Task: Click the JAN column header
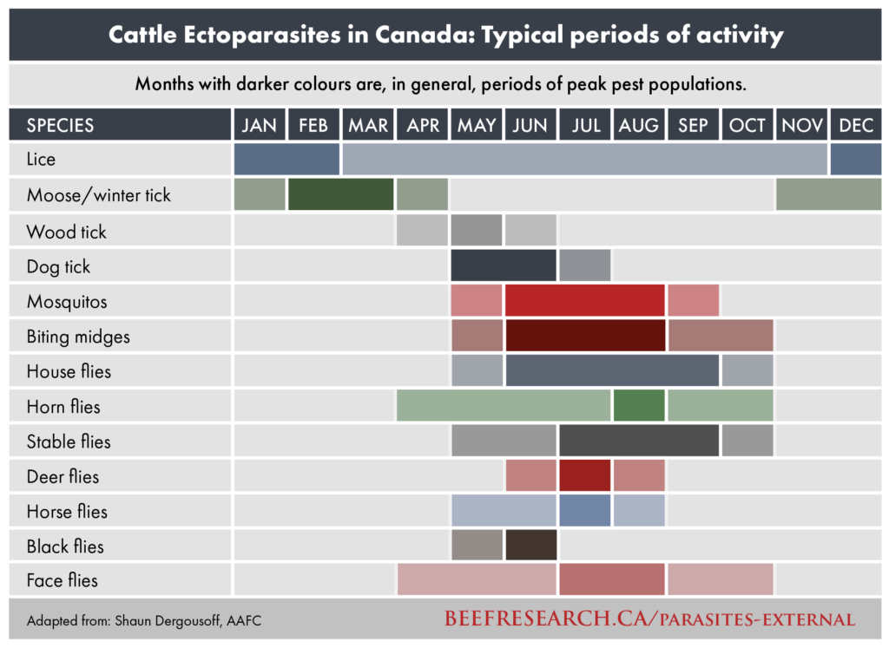(259, 125)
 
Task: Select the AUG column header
(639, 125)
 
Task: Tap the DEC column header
(856, 125)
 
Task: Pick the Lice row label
(41, 160)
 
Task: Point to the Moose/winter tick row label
(98, 195)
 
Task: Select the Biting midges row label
(78, 337)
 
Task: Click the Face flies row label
(62, 580)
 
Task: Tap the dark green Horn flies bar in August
(639, 405)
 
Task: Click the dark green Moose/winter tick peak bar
(340, 194)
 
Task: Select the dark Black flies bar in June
(530, 545)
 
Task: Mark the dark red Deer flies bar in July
(584, 475)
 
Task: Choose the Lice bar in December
(856, 159)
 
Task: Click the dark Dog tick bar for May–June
(504, 265)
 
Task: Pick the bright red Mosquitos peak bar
(584, 300)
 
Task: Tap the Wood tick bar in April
(422, 230)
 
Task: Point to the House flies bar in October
(747, 370)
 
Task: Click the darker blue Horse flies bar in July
(584, 510)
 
